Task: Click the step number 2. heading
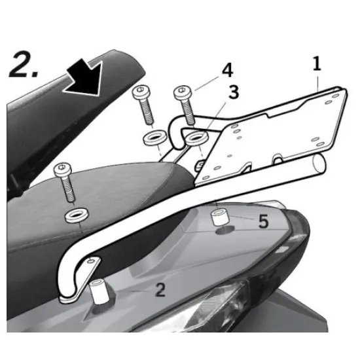tap(23, 65)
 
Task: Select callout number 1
tap(317, 63)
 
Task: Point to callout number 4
tap(228, 70)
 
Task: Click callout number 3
tap(234, 92)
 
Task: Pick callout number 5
tap(263, 222)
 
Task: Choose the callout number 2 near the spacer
tap(160, 289)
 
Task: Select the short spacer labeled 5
tap(220, 217)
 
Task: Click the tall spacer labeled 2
tap(99, 291)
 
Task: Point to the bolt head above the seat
tap(62, 169)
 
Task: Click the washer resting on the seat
tap(76, 215)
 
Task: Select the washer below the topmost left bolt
tap(154, 137)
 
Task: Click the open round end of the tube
tap(319, 164)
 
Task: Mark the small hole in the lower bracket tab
tap(91, 261)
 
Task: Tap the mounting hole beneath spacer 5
tap(225, 230)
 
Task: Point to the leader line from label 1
tap(318, 84)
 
